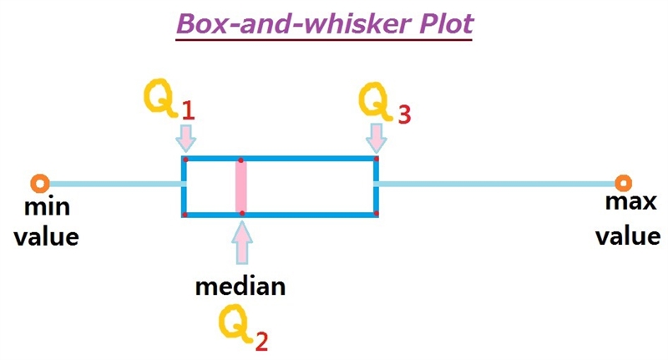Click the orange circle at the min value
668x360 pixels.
(40, 184)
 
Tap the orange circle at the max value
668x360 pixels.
(623, 183)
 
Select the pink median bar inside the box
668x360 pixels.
(241, 186)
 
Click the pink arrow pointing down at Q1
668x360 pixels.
(185, 138)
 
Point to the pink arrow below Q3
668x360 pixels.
(377, 138)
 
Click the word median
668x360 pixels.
(240, 286)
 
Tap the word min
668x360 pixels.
(47, 206)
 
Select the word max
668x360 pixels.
(630, 201)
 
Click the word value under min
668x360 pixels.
(47, 236)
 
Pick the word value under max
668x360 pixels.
(628, 236)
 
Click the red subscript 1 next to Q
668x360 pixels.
(189, 111)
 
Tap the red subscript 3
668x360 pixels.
(405, 114)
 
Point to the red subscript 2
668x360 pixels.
(261, 342)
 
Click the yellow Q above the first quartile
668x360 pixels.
(160, 97)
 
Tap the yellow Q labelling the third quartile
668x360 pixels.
(375, 101)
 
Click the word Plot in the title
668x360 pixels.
(446, 24)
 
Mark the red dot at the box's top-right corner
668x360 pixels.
(377, 160)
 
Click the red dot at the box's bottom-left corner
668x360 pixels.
(185, 215)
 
